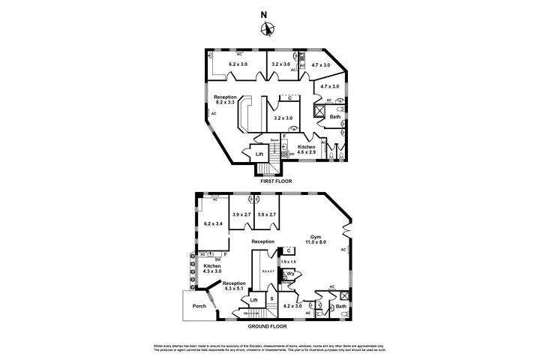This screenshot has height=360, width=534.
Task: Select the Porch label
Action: click(x=199, y=305)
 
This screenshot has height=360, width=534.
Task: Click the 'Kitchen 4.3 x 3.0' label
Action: click(x=211, y=268)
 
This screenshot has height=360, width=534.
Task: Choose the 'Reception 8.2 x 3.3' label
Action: click(x=225, y=100)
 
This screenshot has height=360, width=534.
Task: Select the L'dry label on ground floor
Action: click(x=289, y=273)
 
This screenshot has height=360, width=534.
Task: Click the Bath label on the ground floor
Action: click(x=341, y=306)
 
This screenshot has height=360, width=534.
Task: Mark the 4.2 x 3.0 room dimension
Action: click(x=292, y=306)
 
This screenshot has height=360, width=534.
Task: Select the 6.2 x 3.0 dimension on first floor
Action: click(x=238, y=64)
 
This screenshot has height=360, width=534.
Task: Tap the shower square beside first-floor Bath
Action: click(x=319, y=113)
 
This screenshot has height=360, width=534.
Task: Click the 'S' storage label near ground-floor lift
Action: click(x=271, y=299)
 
